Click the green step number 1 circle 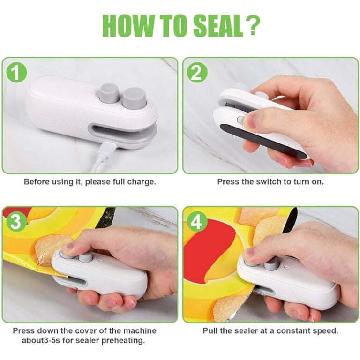[x=17, y=73]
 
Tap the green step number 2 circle [x=197, y=73]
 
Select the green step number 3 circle [x=17, y=222]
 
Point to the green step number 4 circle [x=197, y=222]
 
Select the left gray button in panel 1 [x=109, y=92]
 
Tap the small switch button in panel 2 [x=241, y=120]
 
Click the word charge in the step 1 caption [x=143, y=181]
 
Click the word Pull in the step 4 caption [x=210, y=330]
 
